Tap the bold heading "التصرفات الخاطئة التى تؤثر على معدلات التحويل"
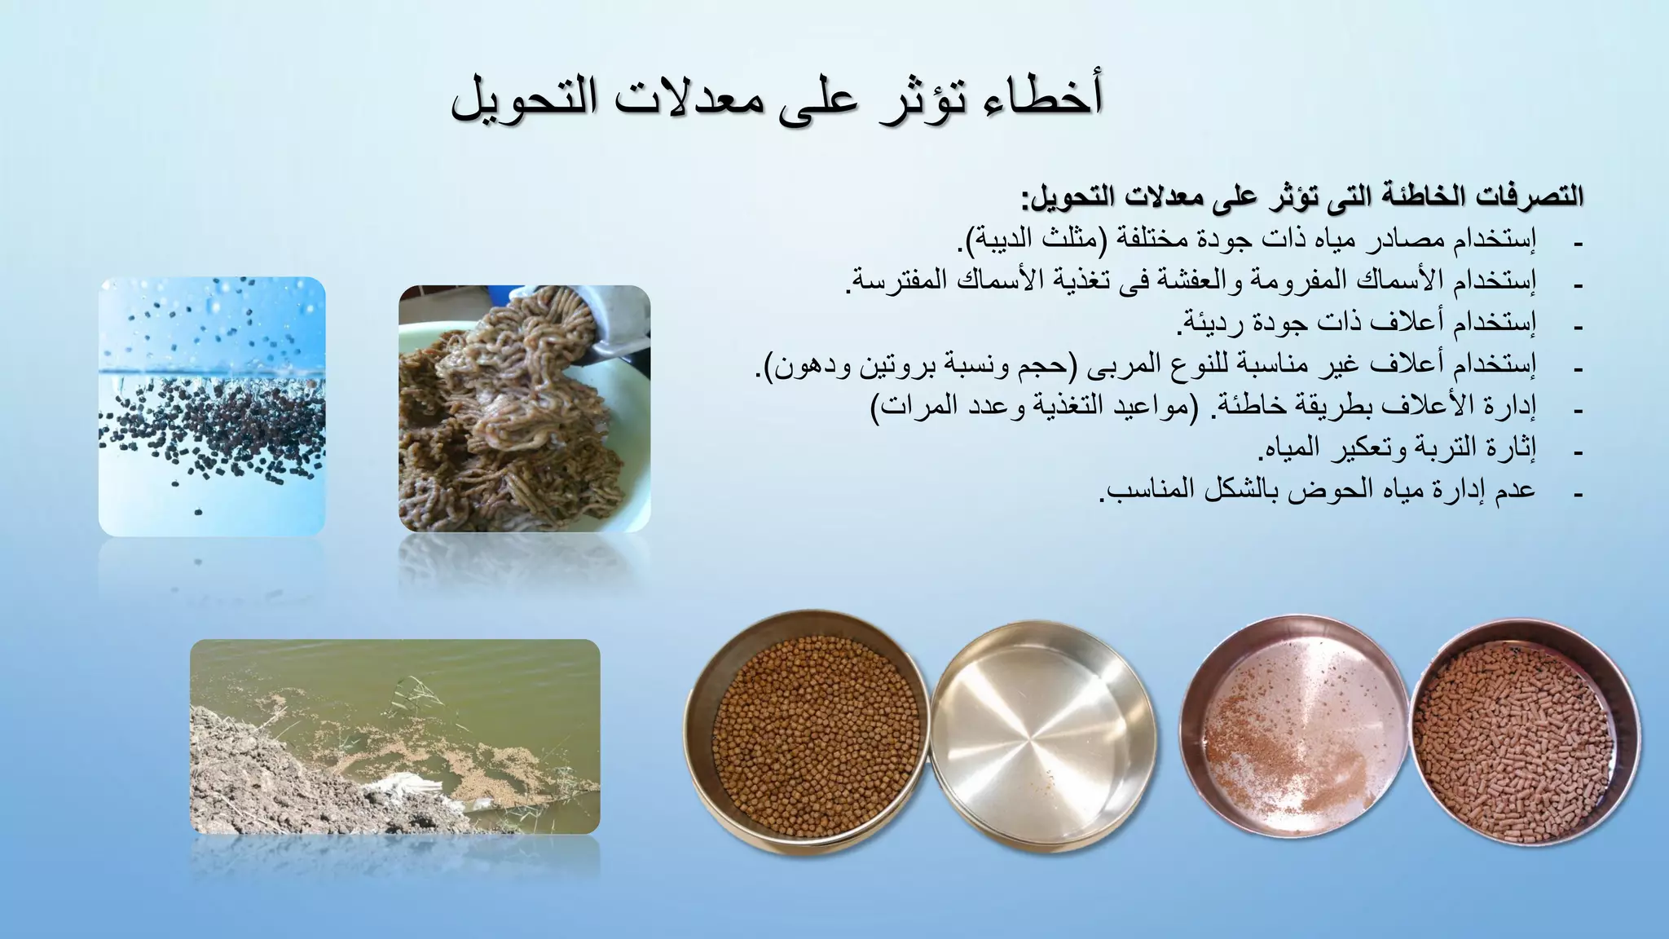pyautogui.click(x=1302, y=196)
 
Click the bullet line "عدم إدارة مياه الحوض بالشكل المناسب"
pyautogui.click(x=1317, y=490)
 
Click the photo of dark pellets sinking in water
pyautogui.click(x=212, y=406)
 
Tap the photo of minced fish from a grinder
pyautogui.click(x=524, y=408)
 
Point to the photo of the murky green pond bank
pyautogui.click(x=395, y=736)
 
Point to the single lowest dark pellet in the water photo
pyautogui.click(x=198, y=512)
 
